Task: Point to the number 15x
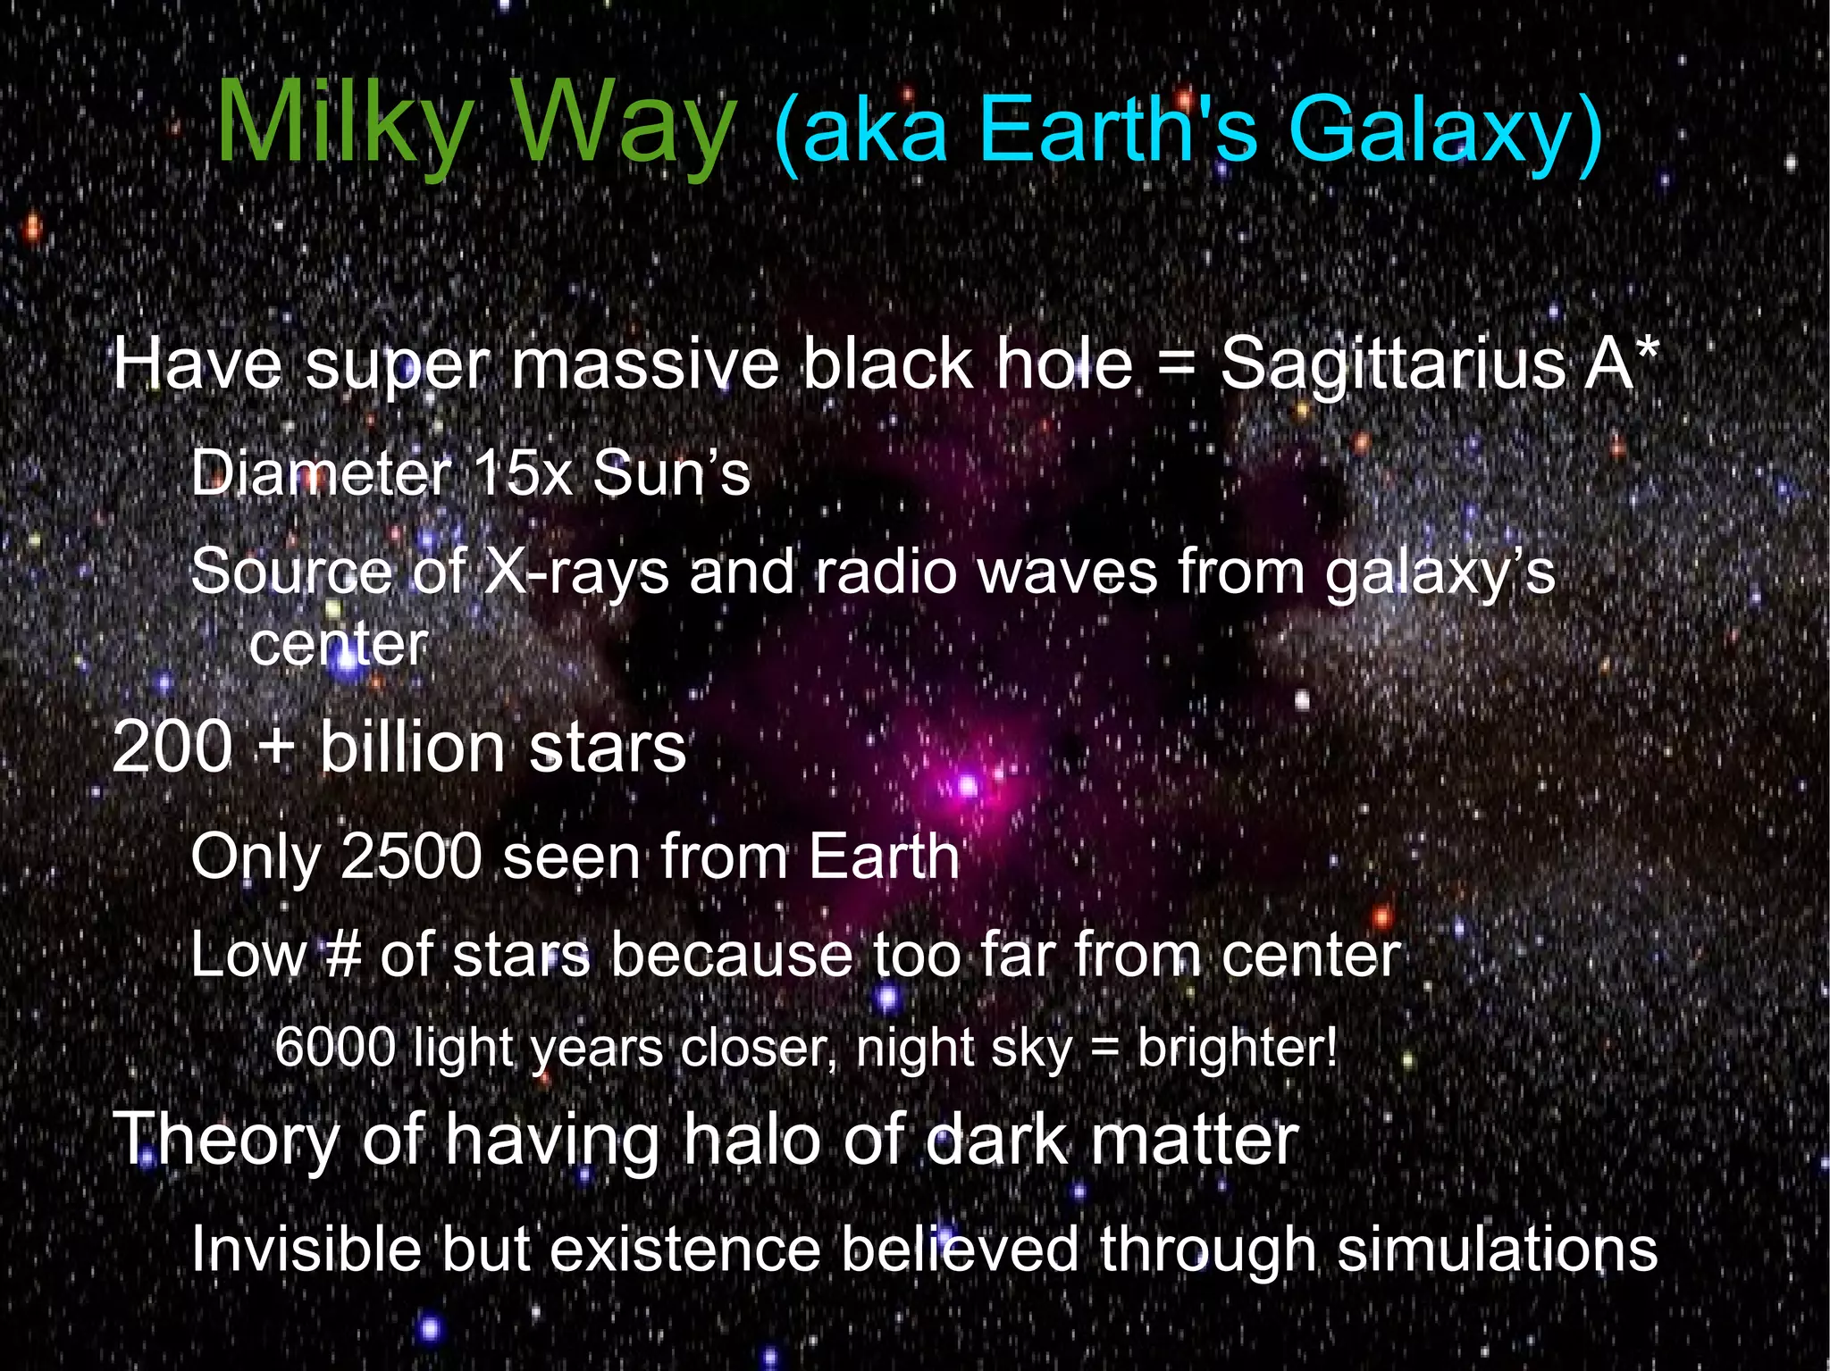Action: click(524, 472)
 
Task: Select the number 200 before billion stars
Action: click(172, 747)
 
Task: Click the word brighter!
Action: click(1238, 1047)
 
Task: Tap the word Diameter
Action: click(321, 472)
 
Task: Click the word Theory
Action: click(226, 1141)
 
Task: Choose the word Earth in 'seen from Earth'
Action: click(884, 857)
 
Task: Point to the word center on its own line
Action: click(339, 645)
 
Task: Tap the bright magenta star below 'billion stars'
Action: click(968, 787)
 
